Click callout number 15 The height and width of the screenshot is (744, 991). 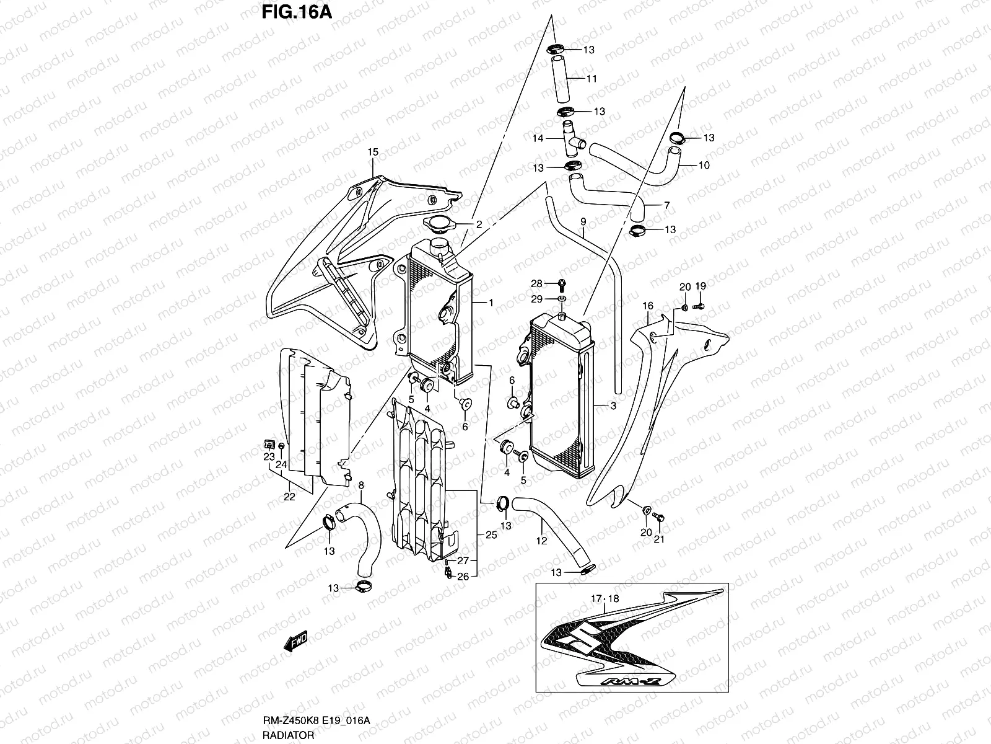372,152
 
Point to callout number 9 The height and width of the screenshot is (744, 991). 583,221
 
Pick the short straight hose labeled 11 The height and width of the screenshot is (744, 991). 559,79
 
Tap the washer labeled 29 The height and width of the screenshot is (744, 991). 561,299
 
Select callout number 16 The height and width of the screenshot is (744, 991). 648,306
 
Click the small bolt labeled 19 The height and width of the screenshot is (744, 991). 699,306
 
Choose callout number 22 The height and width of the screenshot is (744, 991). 289,497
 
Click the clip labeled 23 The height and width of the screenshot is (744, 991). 269,443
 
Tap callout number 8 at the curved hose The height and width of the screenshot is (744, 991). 361,485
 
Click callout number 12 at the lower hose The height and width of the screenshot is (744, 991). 541,541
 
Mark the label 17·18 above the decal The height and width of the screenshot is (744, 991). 605,599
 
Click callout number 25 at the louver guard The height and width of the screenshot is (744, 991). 491,534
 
